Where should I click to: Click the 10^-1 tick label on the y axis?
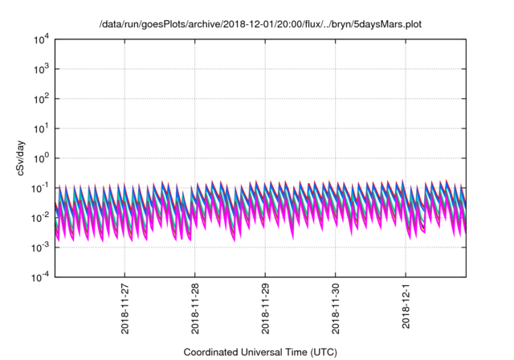coord(41,187)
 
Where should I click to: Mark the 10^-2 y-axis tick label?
coord(41,217)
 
